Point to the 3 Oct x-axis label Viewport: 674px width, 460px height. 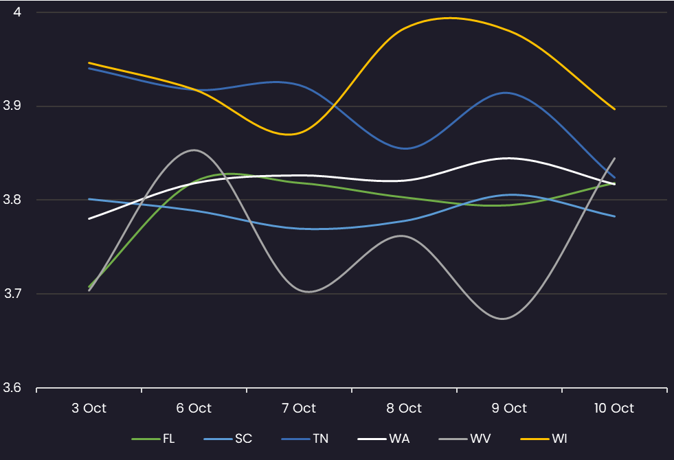click(x=89, y=408)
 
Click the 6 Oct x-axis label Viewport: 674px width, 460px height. click(x=194, y=408)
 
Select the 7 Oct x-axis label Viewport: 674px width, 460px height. click(x=299, y=408)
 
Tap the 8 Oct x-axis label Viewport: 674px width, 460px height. click(x=404, y=408)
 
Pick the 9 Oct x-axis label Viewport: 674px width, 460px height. click(x=509, y=408)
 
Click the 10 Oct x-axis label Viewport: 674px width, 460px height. click(x=614, y=408)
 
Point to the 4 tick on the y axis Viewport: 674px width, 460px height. click(x=17, y=12)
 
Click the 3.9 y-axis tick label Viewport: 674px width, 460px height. click(x=13, y=106)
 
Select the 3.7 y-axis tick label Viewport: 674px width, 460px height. click(x=13, y=294)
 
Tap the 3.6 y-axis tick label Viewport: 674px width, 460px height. click(x=13, y=388)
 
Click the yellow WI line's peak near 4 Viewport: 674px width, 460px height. click(x=450, y=18)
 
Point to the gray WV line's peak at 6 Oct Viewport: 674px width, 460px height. click(x=194, y=150)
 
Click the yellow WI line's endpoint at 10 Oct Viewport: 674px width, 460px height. click(x=614, y=109)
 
